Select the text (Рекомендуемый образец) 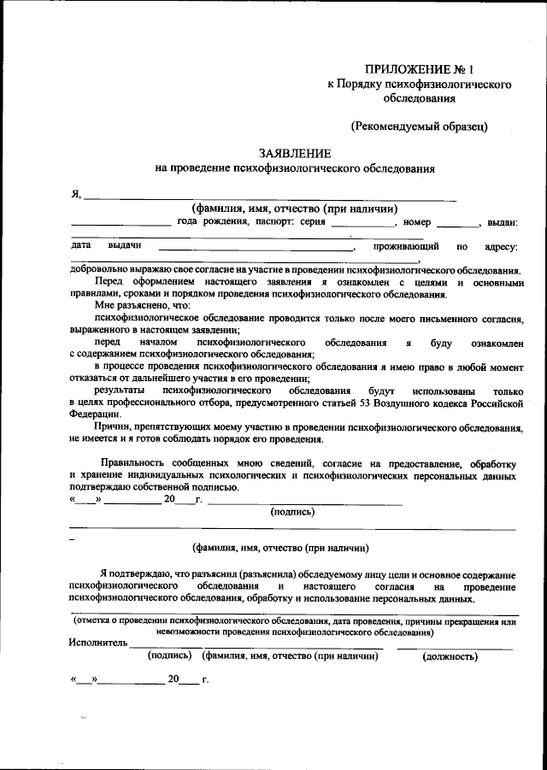tap(420, 126)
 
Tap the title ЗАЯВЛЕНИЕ tap(295, 153)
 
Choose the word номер tap(417, 222)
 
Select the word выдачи tap(124, 246)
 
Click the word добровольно tap(101, 269)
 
